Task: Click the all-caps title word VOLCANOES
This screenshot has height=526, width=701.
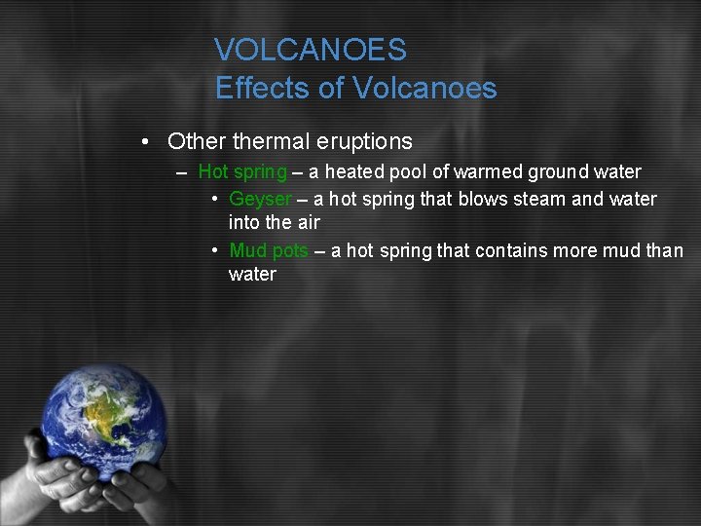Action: (x=311, y=50)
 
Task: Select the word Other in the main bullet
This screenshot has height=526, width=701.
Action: (x=198, y=141)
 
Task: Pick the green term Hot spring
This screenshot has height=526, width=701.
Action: (x=242, y=172)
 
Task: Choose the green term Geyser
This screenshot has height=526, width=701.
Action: (x=260, y=200)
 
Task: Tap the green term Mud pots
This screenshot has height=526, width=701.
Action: (x=269, y=251)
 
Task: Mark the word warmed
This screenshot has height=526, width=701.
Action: (x=486, y=172)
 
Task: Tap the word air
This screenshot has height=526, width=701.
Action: (x=307, y=223)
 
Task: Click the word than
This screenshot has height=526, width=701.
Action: (x=665, y=251)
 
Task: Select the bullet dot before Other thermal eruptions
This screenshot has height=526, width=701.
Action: (x=143, y=142)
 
